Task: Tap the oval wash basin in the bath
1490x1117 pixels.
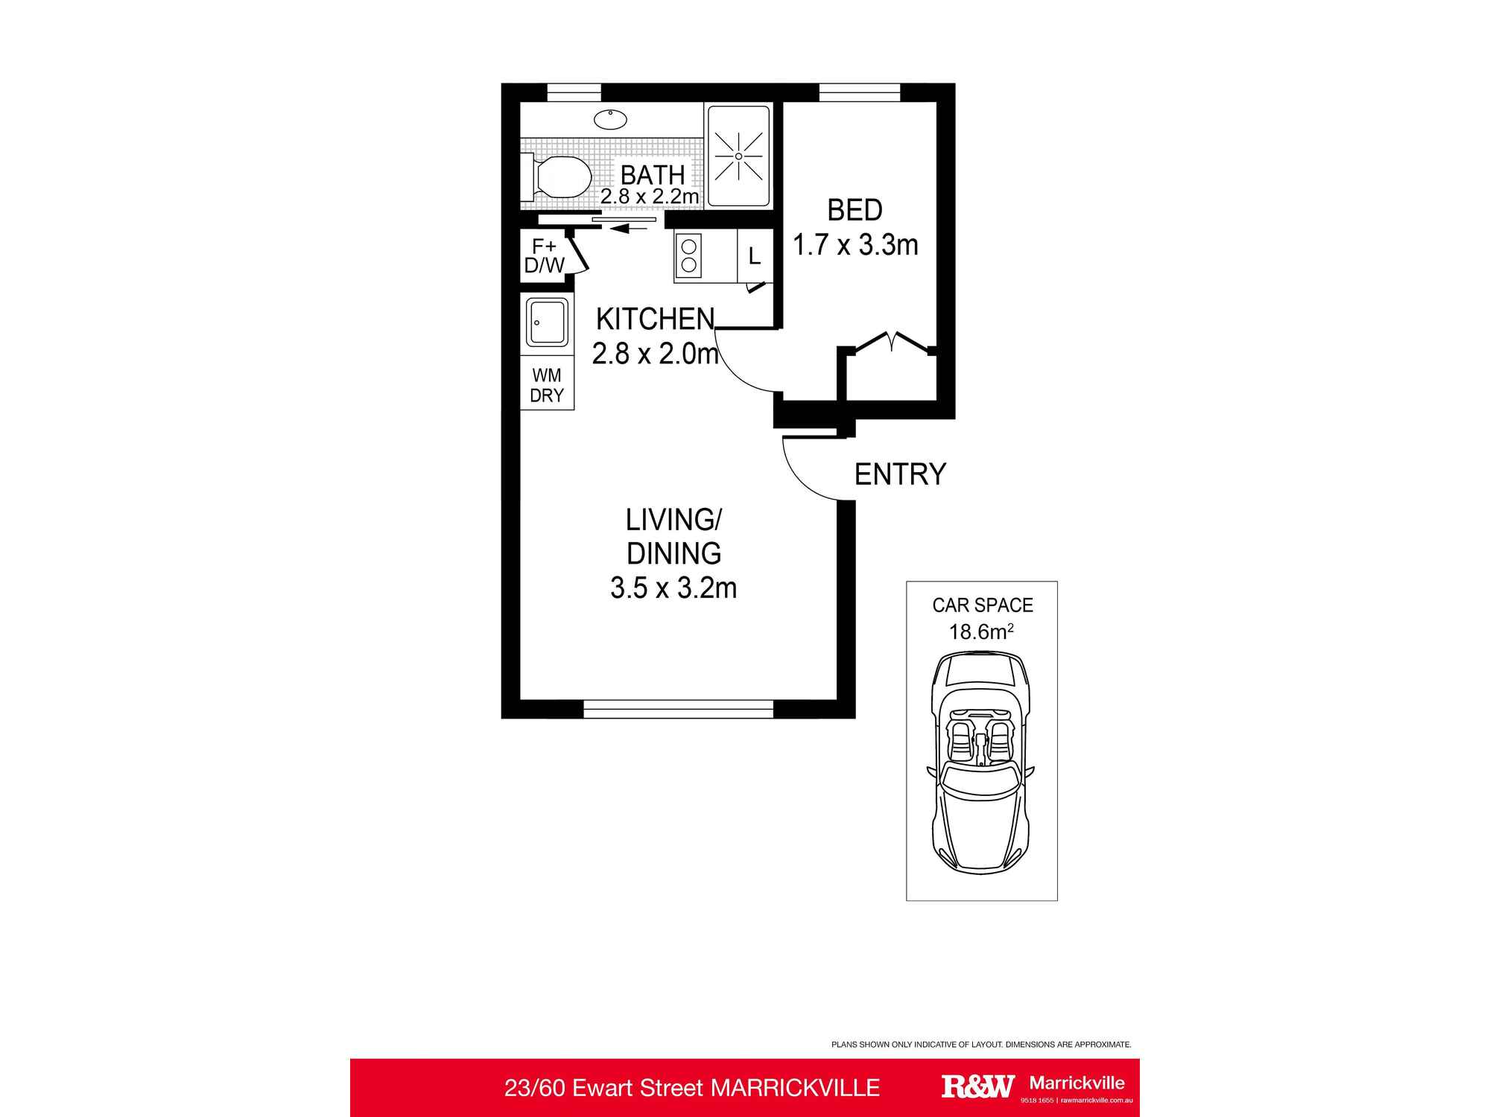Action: tap(610, 119)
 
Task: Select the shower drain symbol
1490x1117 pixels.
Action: tap(738, 156)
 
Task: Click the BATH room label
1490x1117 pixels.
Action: tap(653, 175)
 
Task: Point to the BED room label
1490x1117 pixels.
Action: tap(855, 210)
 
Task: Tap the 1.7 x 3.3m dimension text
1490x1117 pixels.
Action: tap(855, 244)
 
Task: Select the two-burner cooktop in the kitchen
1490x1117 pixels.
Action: tap(689, 255)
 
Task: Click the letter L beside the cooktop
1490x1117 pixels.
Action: tap(755, 256)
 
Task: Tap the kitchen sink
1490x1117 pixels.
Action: tap(548, 322)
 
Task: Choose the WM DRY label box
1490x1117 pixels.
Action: tap(547, 385)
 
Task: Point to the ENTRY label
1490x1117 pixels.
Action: tap(900, 474)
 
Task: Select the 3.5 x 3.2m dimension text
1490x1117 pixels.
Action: tap(673, 588)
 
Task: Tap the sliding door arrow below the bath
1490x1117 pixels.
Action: tap(629, 229)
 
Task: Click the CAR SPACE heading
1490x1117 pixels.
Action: tap(983, 605)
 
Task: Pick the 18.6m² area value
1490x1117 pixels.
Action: tap(981, 631)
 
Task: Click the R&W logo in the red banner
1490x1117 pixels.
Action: tap(977, 1086)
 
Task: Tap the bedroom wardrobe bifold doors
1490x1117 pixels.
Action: tap(893, 342)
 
